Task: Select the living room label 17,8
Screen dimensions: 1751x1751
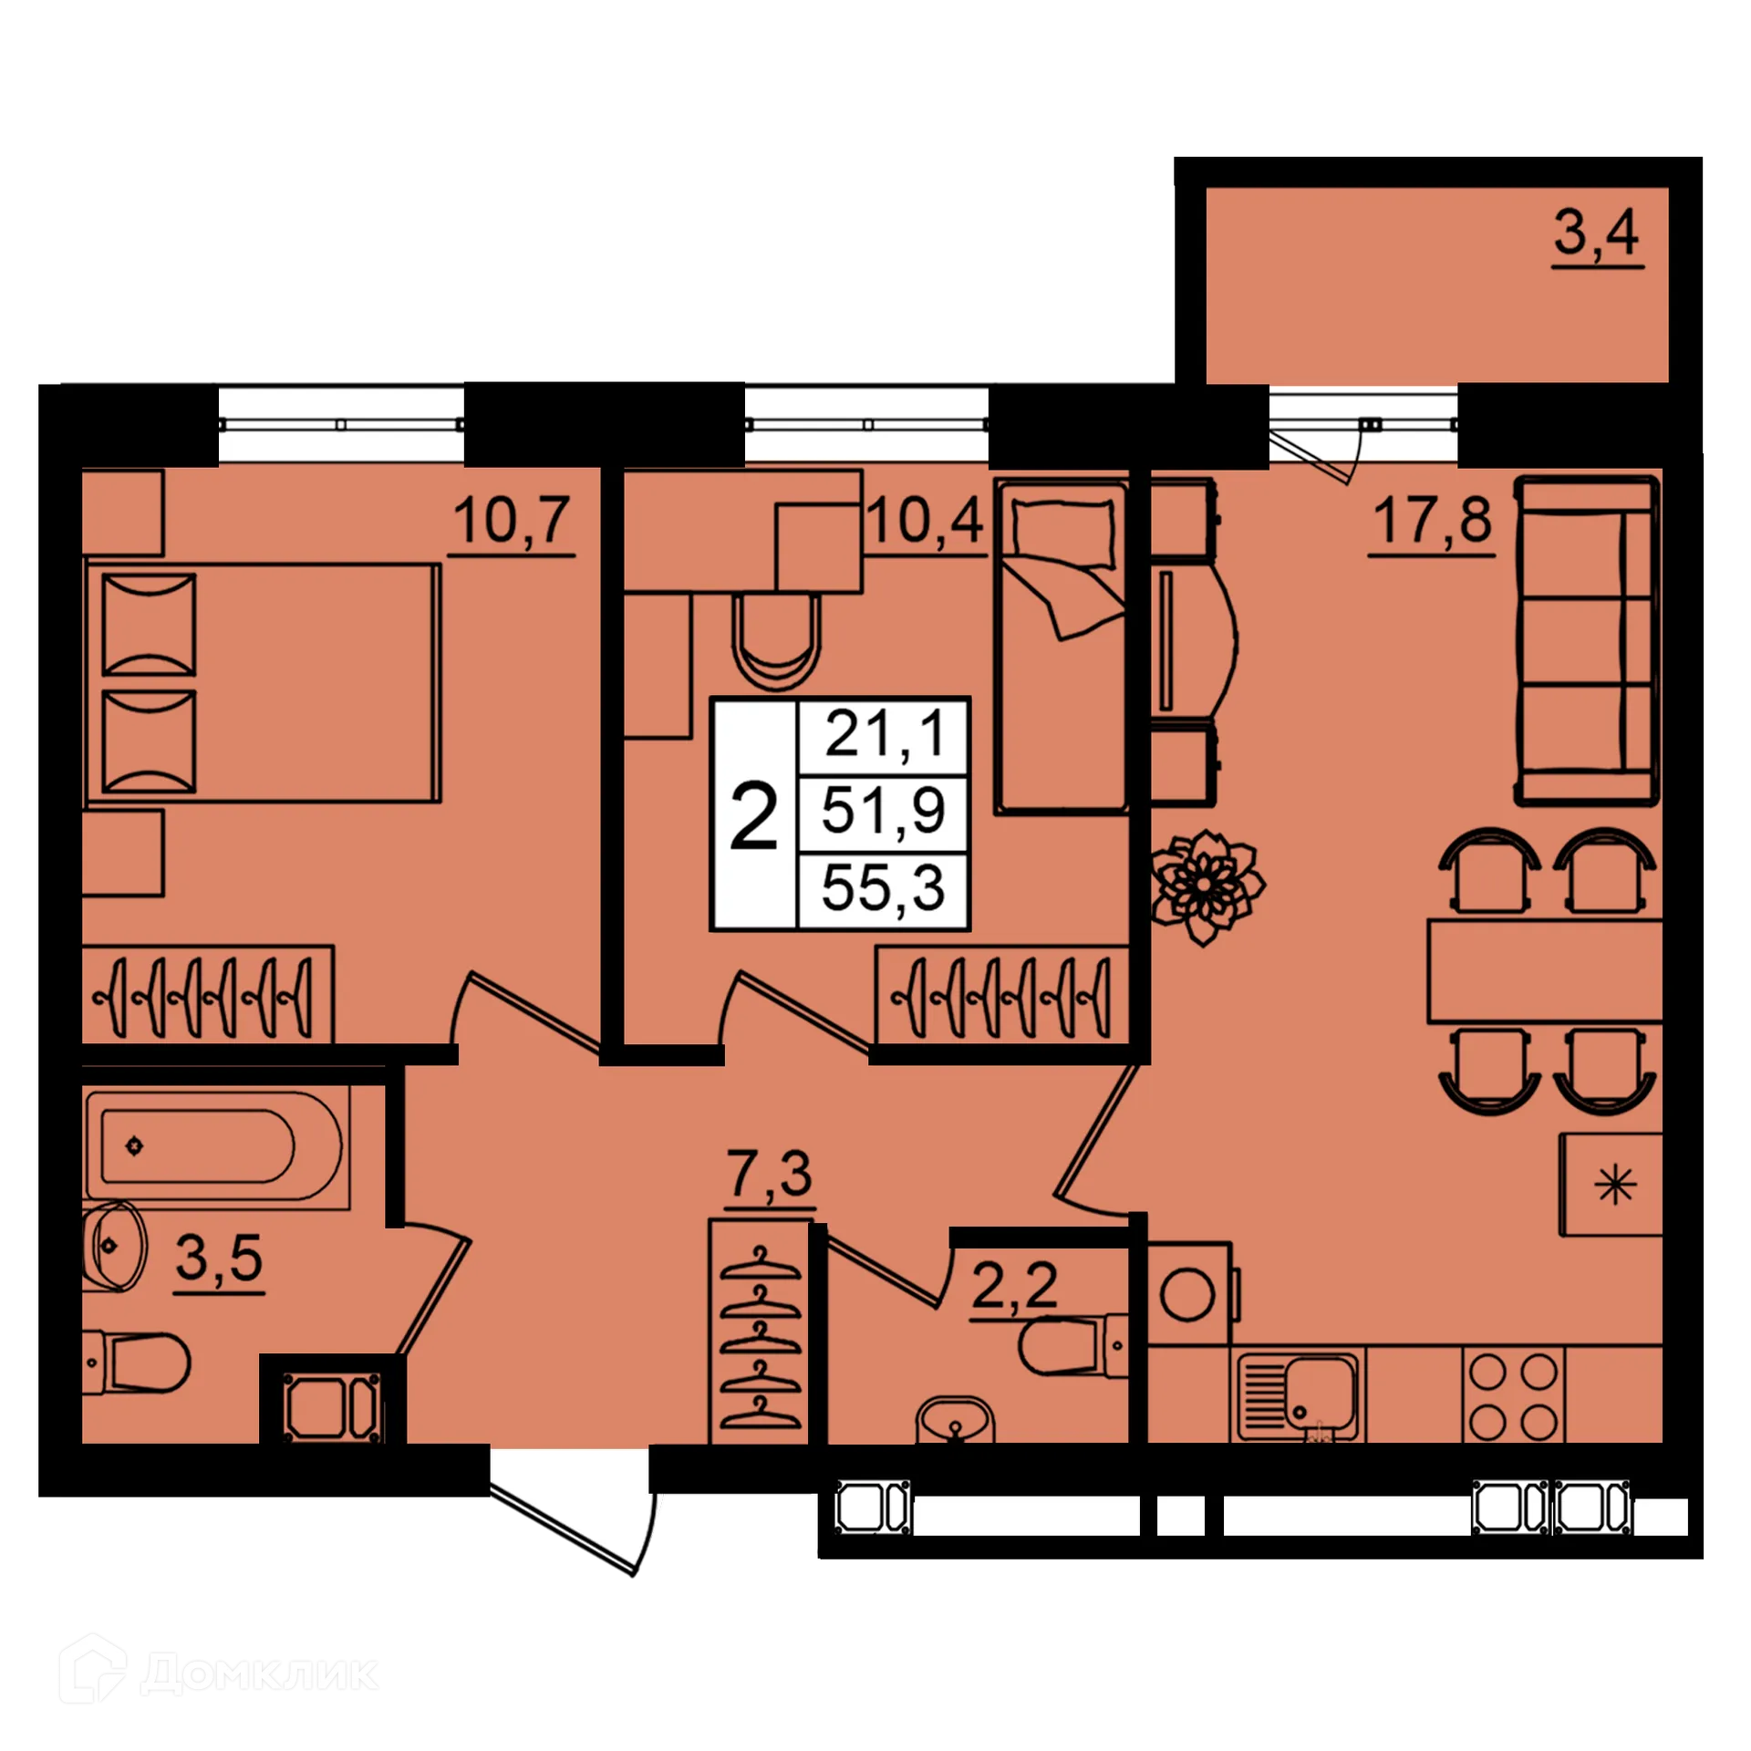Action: [x=1432, y=521]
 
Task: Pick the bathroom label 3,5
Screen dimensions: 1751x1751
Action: [x=219, y=1259]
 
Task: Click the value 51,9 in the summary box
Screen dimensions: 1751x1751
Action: [x=883, y=810]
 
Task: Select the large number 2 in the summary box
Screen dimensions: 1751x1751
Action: [x=754, y=819]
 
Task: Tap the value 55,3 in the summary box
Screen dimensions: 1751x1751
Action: [x=883, y=888]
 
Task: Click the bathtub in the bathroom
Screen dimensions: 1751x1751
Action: [x=213, y=1146]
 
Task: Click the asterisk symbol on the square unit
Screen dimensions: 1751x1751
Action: [x=1615, y=1186]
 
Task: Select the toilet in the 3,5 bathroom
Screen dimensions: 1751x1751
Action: [x=137, y=1364]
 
